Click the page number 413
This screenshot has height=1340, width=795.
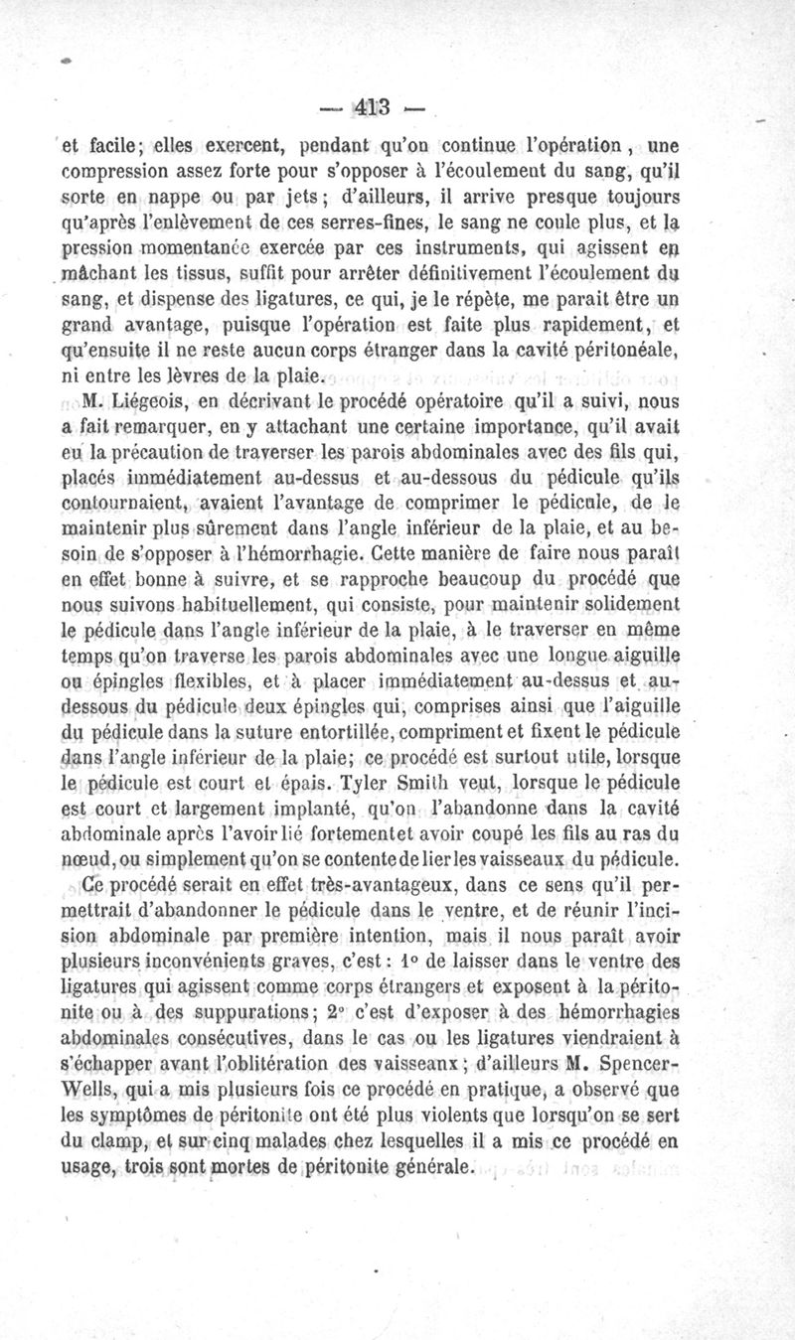(368, 106)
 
